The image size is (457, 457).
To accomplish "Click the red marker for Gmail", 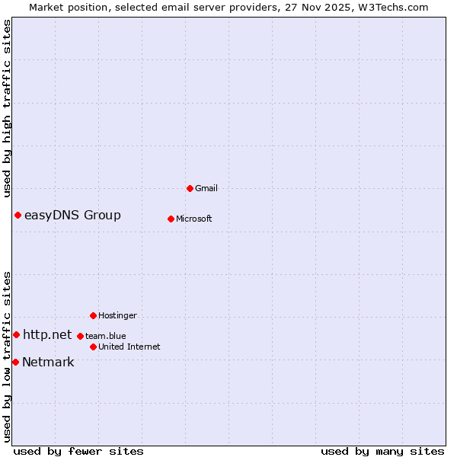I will pos(190,188).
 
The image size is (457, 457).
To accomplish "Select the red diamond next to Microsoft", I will pos(171,219).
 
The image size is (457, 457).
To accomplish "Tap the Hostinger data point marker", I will pos(93,315).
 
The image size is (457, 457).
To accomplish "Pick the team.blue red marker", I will pos(80,336).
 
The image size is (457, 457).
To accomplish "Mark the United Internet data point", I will pos(93,347).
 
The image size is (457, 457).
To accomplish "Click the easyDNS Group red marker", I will pos(18,215).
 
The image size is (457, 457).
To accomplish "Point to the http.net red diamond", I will pos(16,334).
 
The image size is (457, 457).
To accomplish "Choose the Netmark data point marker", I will pos(15,362).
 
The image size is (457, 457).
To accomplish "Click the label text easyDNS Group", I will pos(72,215).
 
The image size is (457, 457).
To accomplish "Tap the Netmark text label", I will pos(48,362).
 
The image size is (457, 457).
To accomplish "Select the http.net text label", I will pos(47,334).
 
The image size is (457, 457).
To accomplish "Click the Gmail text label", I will pos(206,188).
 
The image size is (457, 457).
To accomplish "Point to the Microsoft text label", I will pos(194,219).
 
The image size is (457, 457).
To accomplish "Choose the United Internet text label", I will pos(129,347).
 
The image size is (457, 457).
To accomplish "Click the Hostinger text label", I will pos(117,315).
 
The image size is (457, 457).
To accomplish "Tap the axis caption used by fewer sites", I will pos(78,451).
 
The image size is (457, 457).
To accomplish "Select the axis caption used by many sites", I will pos(382,451).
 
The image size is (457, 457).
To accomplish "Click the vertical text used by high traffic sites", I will pos(7,108).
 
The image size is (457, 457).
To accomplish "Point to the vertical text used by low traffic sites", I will pos(7,356).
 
